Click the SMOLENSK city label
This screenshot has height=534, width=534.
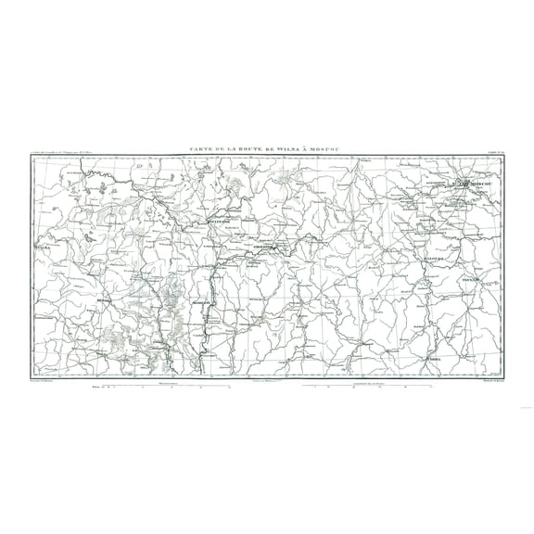click(x=266, y=248)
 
